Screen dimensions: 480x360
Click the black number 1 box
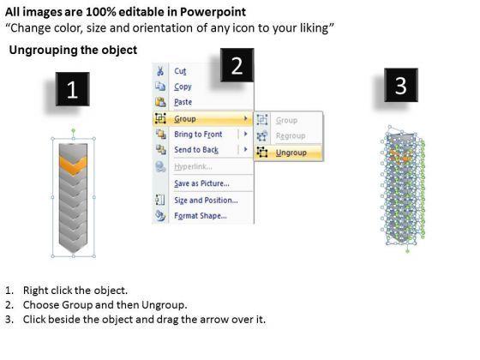coord(73,89)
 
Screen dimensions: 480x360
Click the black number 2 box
coord(237,65)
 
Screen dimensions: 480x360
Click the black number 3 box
coord(401,85)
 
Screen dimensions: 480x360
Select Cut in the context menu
coord(180,71)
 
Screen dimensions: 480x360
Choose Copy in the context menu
coord(183,87)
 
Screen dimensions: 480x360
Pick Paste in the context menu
coord(183,102)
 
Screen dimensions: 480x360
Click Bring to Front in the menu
coord(198,134)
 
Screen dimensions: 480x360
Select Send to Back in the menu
coord(196,150)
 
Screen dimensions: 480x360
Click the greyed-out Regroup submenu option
coord(291,135)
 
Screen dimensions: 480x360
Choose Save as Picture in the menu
coord(201,183)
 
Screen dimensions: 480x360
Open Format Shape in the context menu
coord(201,215)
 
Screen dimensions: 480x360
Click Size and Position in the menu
coord(206,201)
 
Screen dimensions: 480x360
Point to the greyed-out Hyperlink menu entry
coord(193,166)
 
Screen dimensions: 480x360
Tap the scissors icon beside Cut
coord(159,71)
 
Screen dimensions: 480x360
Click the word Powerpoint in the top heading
coord(213,12)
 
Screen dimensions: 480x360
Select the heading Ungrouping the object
coord(73,50)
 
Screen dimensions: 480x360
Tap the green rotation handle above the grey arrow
coord(73,130)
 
